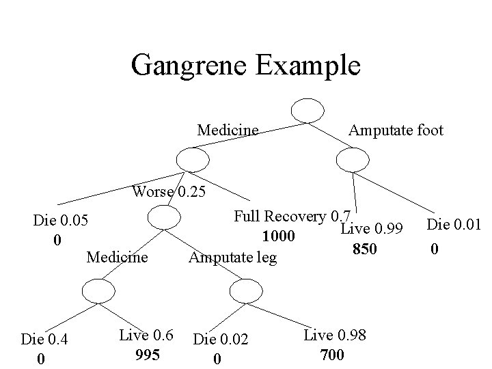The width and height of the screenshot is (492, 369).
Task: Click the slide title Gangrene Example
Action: click(245, 66)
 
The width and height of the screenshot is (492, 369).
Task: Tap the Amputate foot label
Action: click(396, 129)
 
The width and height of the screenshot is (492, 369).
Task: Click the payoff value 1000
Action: click(278, 237)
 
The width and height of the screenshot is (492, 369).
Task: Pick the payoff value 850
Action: click(364, 249)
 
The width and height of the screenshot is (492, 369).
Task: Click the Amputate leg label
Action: click(233, 258)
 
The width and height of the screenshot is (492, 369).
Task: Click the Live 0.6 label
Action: click(146, 335)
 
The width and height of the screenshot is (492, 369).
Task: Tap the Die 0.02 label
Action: click(220, 339)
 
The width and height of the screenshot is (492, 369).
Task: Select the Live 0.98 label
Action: click(335, 335)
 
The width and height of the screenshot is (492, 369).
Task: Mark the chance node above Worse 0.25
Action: click(192, 160)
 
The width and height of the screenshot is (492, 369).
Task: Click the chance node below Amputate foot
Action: click(353, 160)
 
